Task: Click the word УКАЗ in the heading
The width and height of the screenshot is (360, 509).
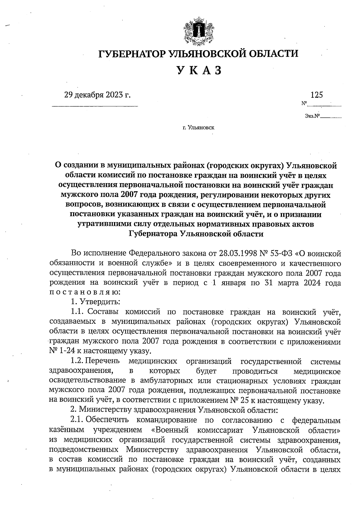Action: tap(199, 70)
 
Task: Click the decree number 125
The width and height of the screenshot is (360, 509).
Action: tap(317, 95)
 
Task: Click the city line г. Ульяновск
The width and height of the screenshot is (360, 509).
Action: tap(198, 128)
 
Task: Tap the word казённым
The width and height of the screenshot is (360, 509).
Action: tap(66, 430)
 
